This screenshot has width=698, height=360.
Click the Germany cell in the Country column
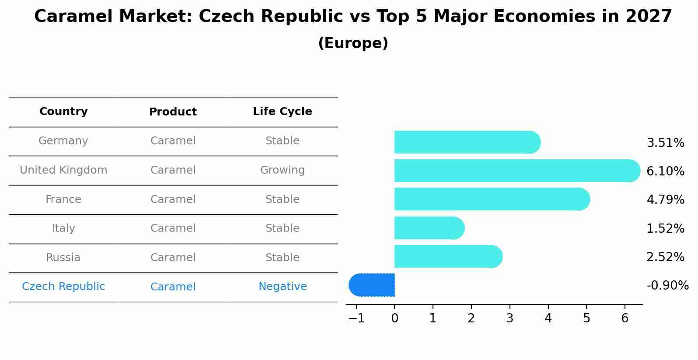(x=63, y=141)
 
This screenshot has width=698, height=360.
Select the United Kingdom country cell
(x=63, y=170)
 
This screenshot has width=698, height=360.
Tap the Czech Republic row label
(x=63, y=287)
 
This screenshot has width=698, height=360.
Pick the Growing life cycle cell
(x=283, y=170)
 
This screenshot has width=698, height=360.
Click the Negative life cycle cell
(x=283, y=287)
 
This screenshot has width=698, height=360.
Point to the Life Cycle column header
(x=283, y=112)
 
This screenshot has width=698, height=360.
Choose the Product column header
(x=173, y=112)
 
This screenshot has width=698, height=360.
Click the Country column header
(x=63, y=112)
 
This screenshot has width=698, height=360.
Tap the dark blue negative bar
(x=372, y=285)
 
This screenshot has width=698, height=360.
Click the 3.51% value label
(x=665, y=143)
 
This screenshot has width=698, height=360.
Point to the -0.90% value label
(x=667, y=286)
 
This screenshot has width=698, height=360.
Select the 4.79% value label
(x=665, y=200)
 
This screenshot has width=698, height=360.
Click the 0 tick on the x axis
(x=394, y=318)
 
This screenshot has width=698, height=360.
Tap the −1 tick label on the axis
(x=356, y=318)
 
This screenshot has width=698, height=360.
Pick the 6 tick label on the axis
(x=625, y=318)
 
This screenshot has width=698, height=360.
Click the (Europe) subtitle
(x=353, y=43)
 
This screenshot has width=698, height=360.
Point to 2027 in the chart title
(x=649, y=17)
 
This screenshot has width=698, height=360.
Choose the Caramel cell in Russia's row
(x=173, y=258)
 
